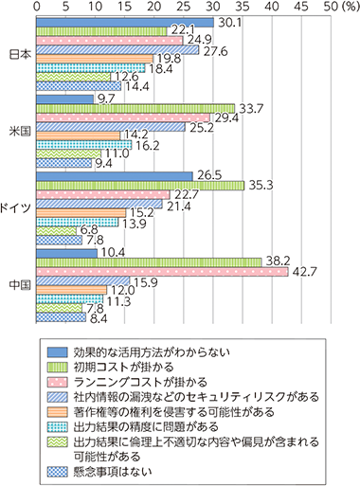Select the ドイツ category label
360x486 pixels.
click(x=17, y=207)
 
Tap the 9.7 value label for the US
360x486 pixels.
click(x=106, y=98)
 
